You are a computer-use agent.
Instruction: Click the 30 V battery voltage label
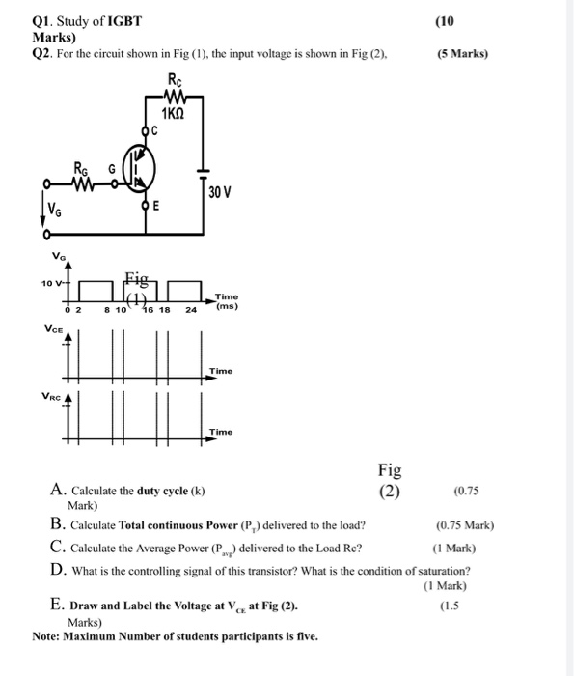coord(219,192)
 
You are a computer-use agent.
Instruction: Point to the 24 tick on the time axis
coord(191,311)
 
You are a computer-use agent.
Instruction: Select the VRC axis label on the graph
coord(54,395)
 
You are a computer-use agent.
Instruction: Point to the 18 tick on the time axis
coord(164,311)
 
